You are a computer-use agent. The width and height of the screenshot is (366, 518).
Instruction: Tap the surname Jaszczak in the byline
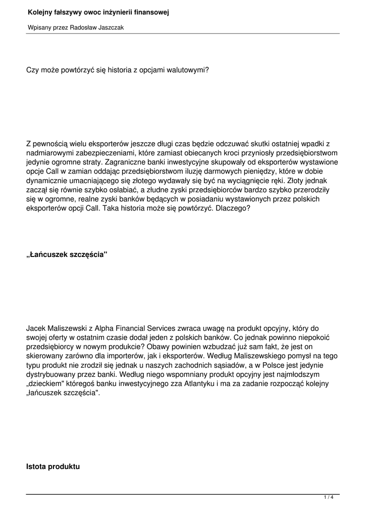click(x=109, y=28)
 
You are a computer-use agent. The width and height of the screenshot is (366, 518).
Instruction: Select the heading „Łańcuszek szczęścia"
click(x=67, y=254)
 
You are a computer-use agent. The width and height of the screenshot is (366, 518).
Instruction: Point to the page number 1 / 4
click(x=329, y=498)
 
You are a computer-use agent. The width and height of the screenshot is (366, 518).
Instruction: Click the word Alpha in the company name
click(x=112, y=328)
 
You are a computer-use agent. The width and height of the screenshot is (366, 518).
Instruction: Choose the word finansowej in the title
click(x=150, y=12)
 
